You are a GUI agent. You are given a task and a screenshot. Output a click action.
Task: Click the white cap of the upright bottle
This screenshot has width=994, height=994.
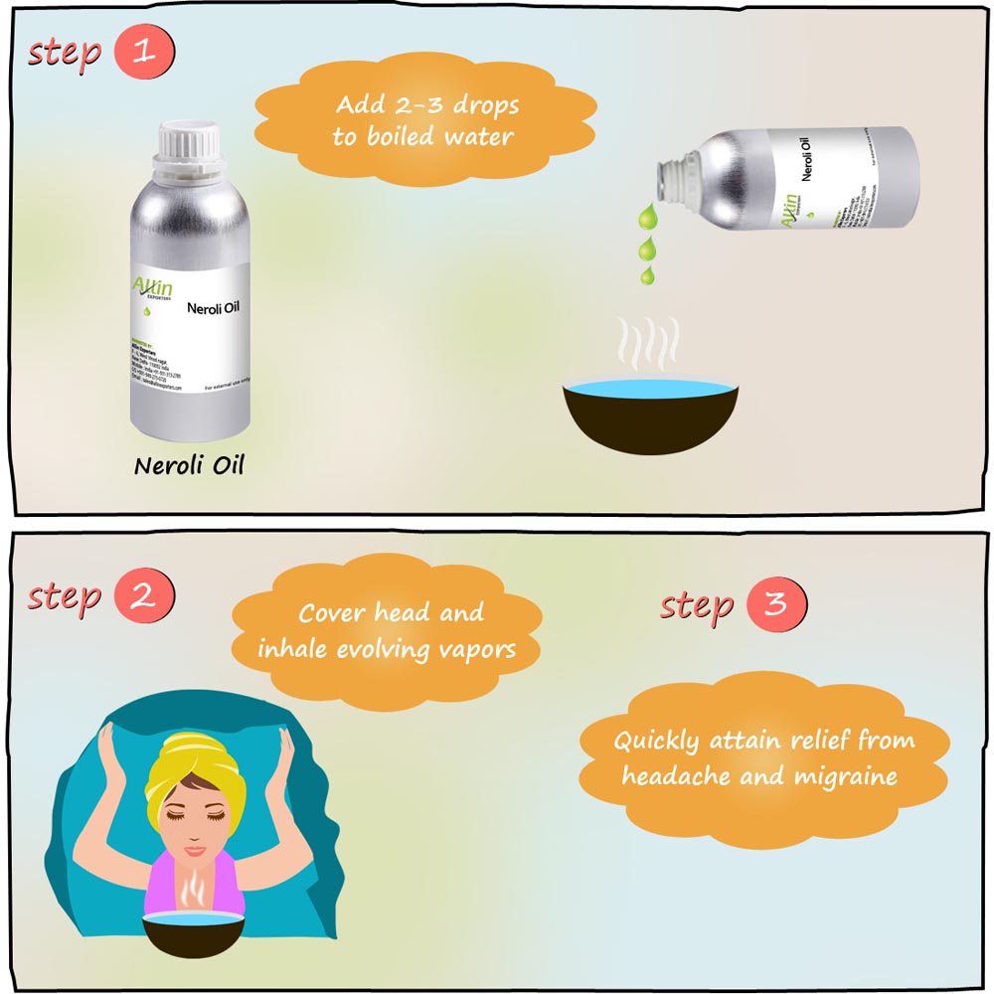189,150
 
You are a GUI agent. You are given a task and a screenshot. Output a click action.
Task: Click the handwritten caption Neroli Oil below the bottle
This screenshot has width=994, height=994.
189,465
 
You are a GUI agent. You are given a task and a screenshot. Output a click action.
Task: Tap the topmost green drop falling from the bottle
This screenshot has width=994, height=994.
646,215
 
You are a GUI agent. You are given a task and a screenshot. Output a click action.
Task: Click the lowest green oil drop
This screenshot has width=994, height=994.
647,274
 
